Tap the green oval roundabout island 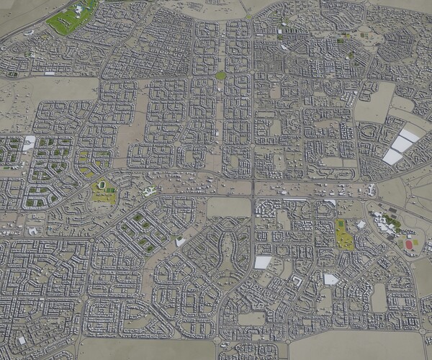pyautogui.click(x=220, y=76)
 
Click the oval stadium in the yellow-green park pyautogui.click(x=105, y=189)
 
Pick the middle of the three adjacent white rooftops pyautogui.click(x=401, y=145)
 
